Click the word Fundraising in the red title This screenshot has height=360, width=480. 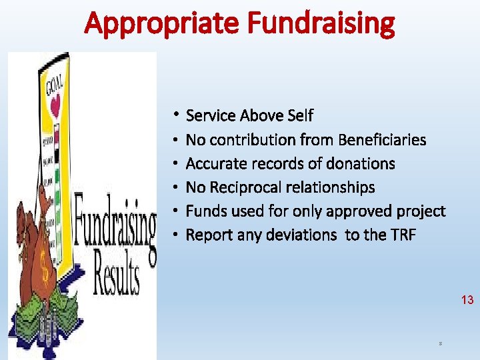(321, 24)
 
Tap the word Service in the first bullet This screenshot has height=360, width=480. (211, 116)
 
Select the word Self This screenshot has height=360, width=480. (299, 116)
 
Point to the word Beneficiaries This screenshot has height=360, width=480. (382, 140)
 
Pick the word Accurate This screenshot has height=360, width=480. (215, 164)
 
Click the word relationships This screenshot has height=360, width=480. (334, 188)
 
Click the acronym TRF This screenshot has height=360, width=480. (401, 235)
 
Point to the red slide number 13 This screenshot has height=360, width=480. (467, 300)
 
